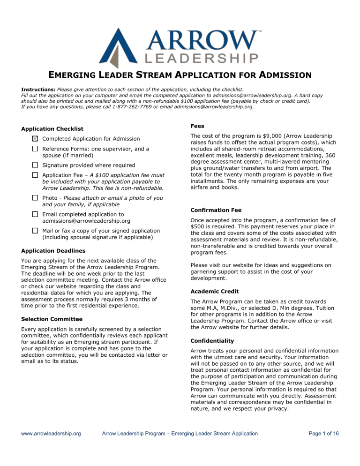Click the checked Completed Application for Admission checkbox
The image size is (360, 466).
point(36,139)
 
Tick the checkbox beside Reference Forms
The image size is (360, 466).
point(36,149)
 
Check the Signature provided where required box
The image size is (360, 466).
point(36,165)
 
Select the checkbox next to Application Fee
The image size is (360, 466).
point(36,175)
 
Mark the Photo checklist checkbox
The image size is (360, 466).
point(36,198)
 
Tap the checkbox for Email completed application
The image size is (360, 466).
point(36,214)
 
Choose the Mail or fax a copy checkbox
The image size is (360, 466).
point(36,231)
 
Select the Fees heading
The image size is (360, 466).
point(196,126)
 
